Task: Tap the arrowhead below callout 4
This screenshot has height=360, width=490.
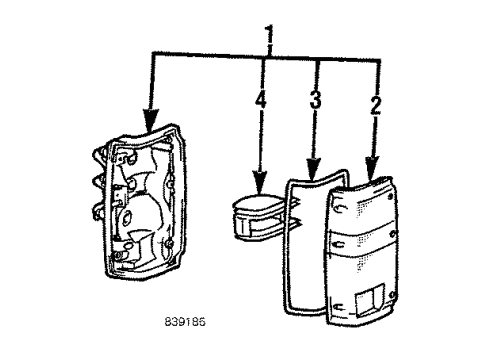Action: click(258, 185)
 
